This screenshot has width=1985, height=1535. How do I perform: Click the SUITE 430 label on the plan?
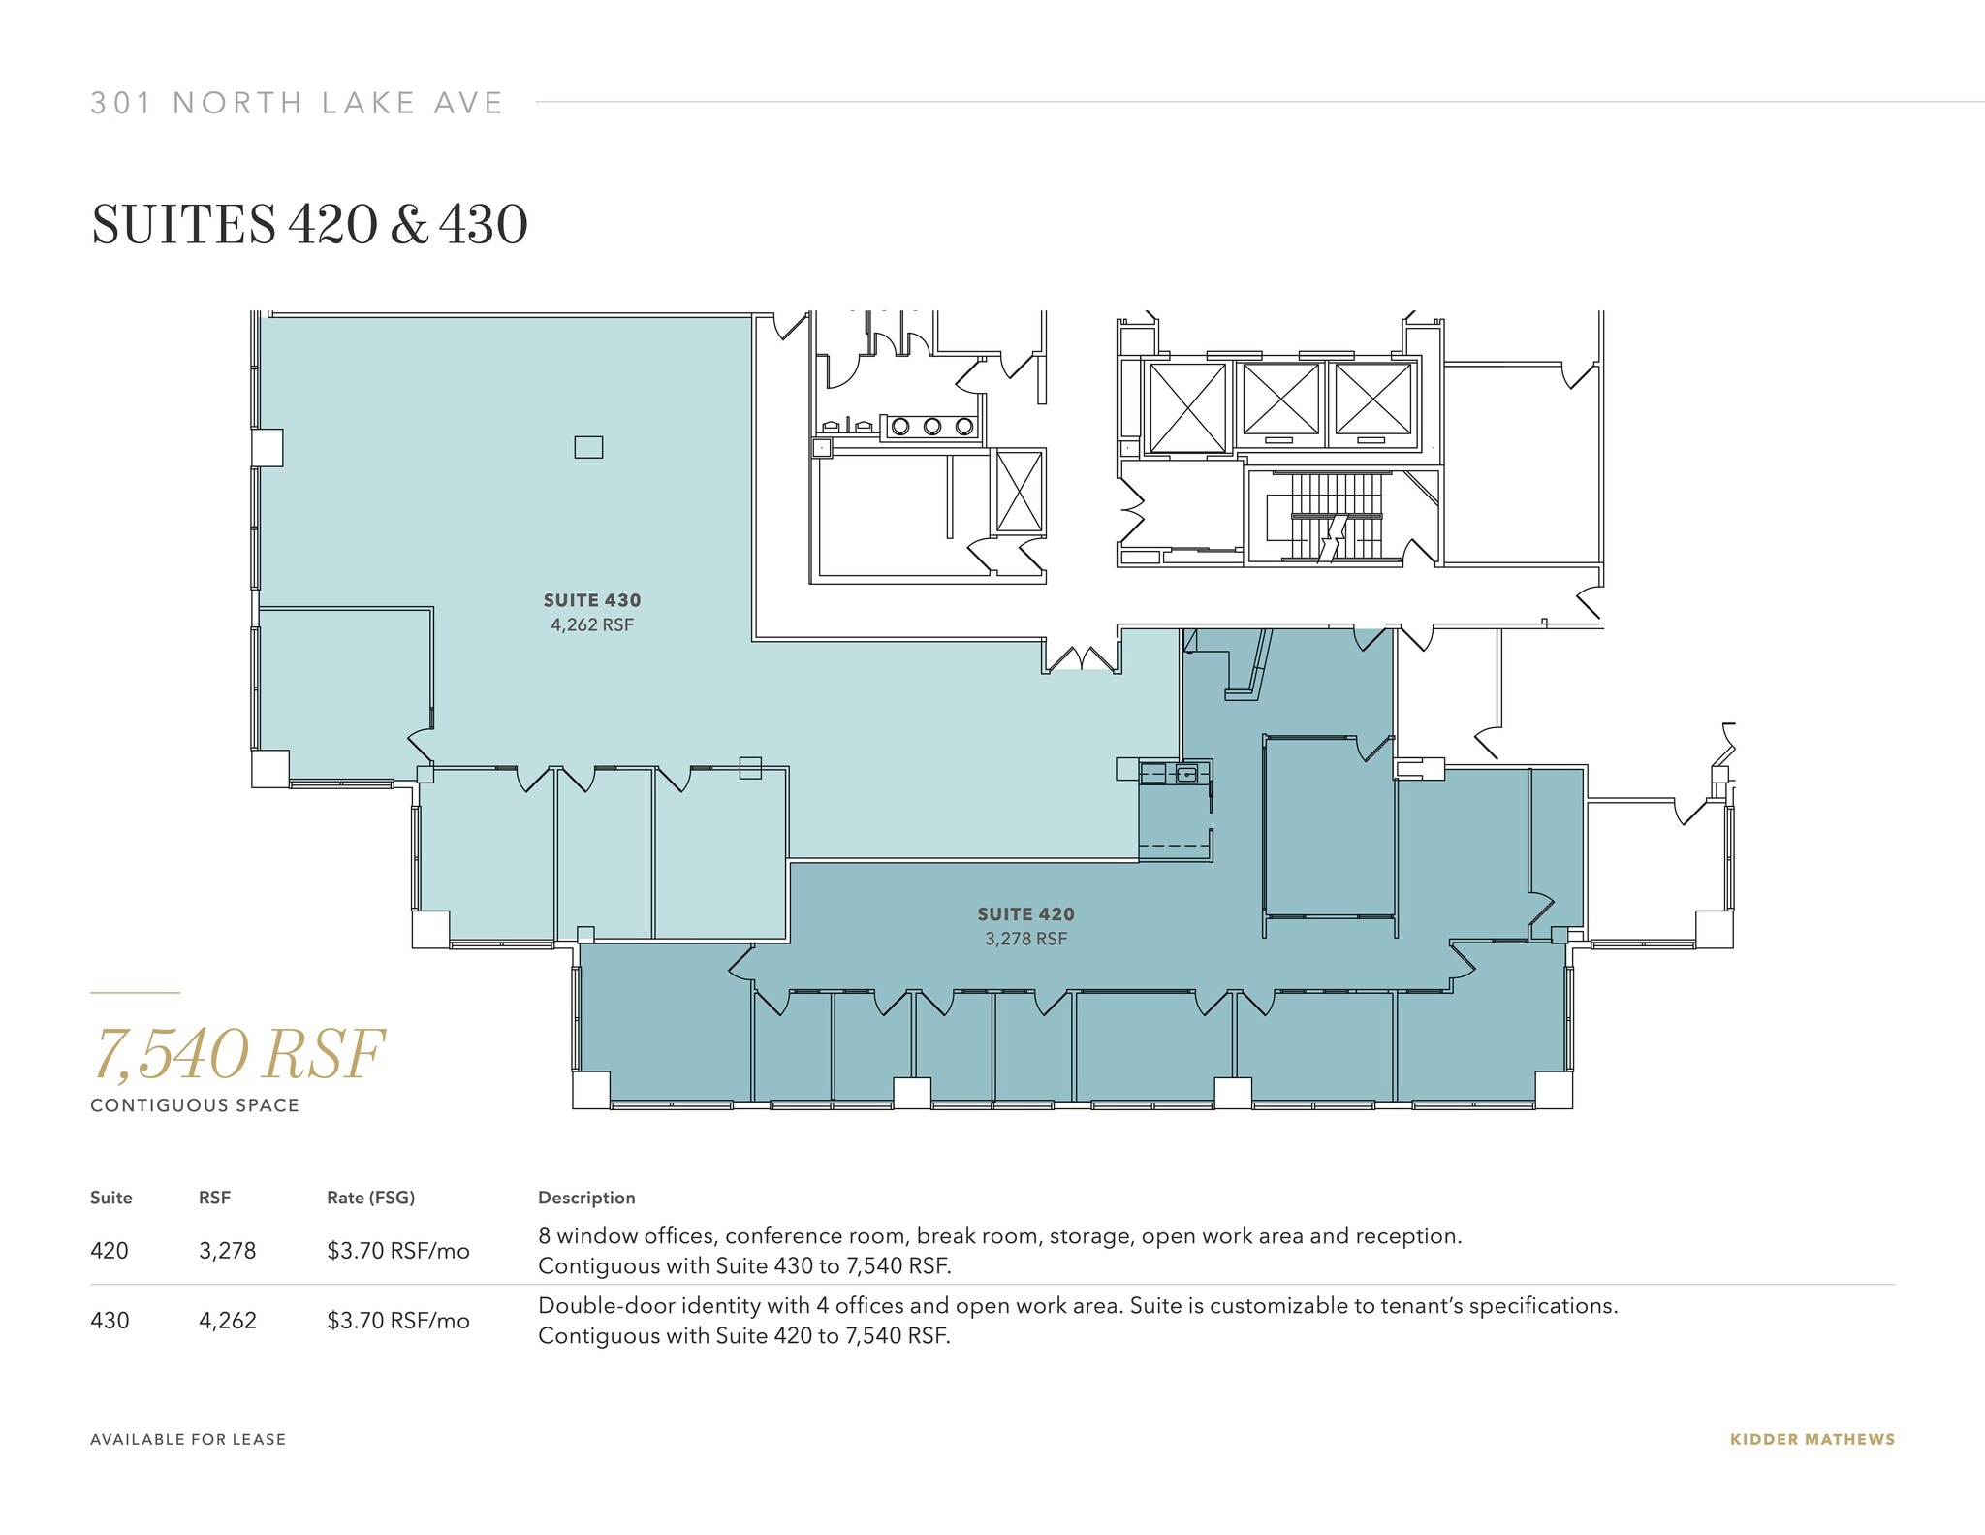[591, 600]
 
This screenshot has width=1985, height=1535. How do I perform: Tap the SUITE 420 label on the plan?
[1025, 913]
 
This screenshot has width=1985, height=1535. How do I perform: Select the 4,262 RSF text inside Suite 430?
[591, 625]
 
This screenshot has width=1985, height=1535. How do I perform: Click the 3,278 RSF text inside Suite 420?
[1025, 939]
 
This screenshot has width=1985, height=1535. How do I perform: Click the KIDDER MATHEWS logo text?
[1812, 1439]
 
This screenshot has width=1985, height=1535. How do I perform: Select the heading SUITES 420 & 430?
[309, 225]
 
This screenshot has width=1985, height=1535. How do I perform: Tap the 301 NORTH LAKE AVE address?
[297, 103]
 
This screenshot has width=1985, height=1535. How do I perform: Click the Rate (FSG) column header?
[370, 1198]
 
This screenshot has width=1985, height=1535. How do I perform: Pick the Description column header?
[586, 1198]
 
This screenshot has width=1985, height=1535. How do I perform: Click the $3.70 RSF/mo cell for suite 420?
[397, 1251]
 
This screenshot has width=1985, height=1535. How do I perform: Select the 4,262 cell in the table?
[228, 1321]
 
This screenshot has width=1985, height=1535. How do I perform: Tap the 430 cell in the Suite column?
[110, 1321]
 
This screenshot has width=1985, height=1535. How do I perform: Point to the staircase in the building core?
[1335, 517]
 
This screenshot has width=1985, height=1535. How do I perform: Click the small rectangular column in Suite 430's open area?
[588, 447]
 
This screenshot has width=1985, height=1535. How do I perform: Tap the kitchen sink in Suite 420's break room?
[1187, 774]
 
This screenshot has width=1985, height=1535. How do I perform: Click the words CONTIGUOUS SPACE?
[195, 1105]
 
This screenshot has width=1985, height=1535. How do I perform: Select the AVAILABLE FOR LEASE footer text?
[188, 1439]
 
